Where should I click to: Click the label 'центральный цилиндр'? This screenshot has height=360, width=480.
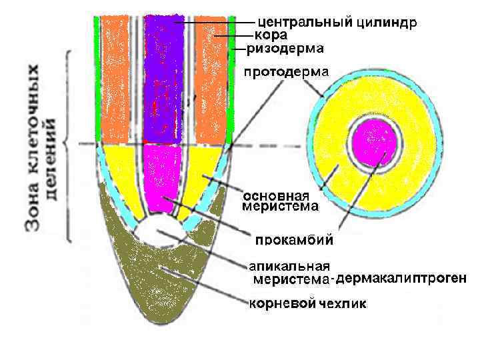click(x=337, y=23)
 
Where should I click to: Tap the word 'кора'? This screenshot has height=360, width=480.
click(x=267, y=35)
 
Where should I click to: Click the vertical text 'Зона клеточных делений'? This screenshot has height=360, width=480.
click(x=43, y=147)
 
